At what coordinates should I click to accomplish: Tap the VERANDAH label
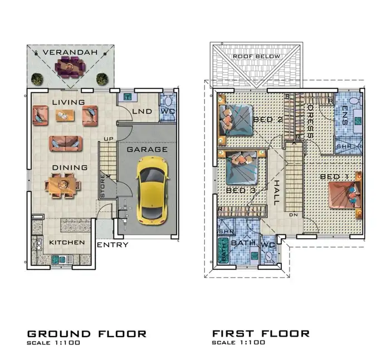tap(70, 52)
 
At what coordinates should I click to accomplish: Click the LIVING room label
tap(68, 102)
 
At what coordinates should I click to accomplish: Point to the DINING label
tap(70, 167)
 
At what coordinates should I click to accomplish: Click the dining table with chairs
tap(62, 185)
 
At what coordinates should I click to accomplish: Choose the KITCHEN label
tap(67, 243)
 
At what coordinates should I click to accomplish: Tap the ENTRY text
tap(112, 245)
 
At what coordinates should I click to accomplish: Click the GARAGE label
tap(147, 149)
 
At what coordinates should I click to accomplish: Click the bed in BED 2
tap(234, 119)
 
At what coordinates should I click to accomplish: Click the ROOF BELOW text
tap(257, 56)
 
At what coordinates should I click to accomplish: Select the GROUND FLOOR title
tap(87, 333)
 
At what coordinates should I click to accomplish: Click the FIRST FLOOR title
tap(261, 333)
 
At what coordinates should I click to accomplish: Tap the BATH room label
tap(243, 243)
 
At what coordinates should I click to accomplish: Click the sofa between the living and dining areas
tap(66, 142)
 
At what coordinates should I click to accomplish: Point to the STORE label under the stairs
tap(102, 186)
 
